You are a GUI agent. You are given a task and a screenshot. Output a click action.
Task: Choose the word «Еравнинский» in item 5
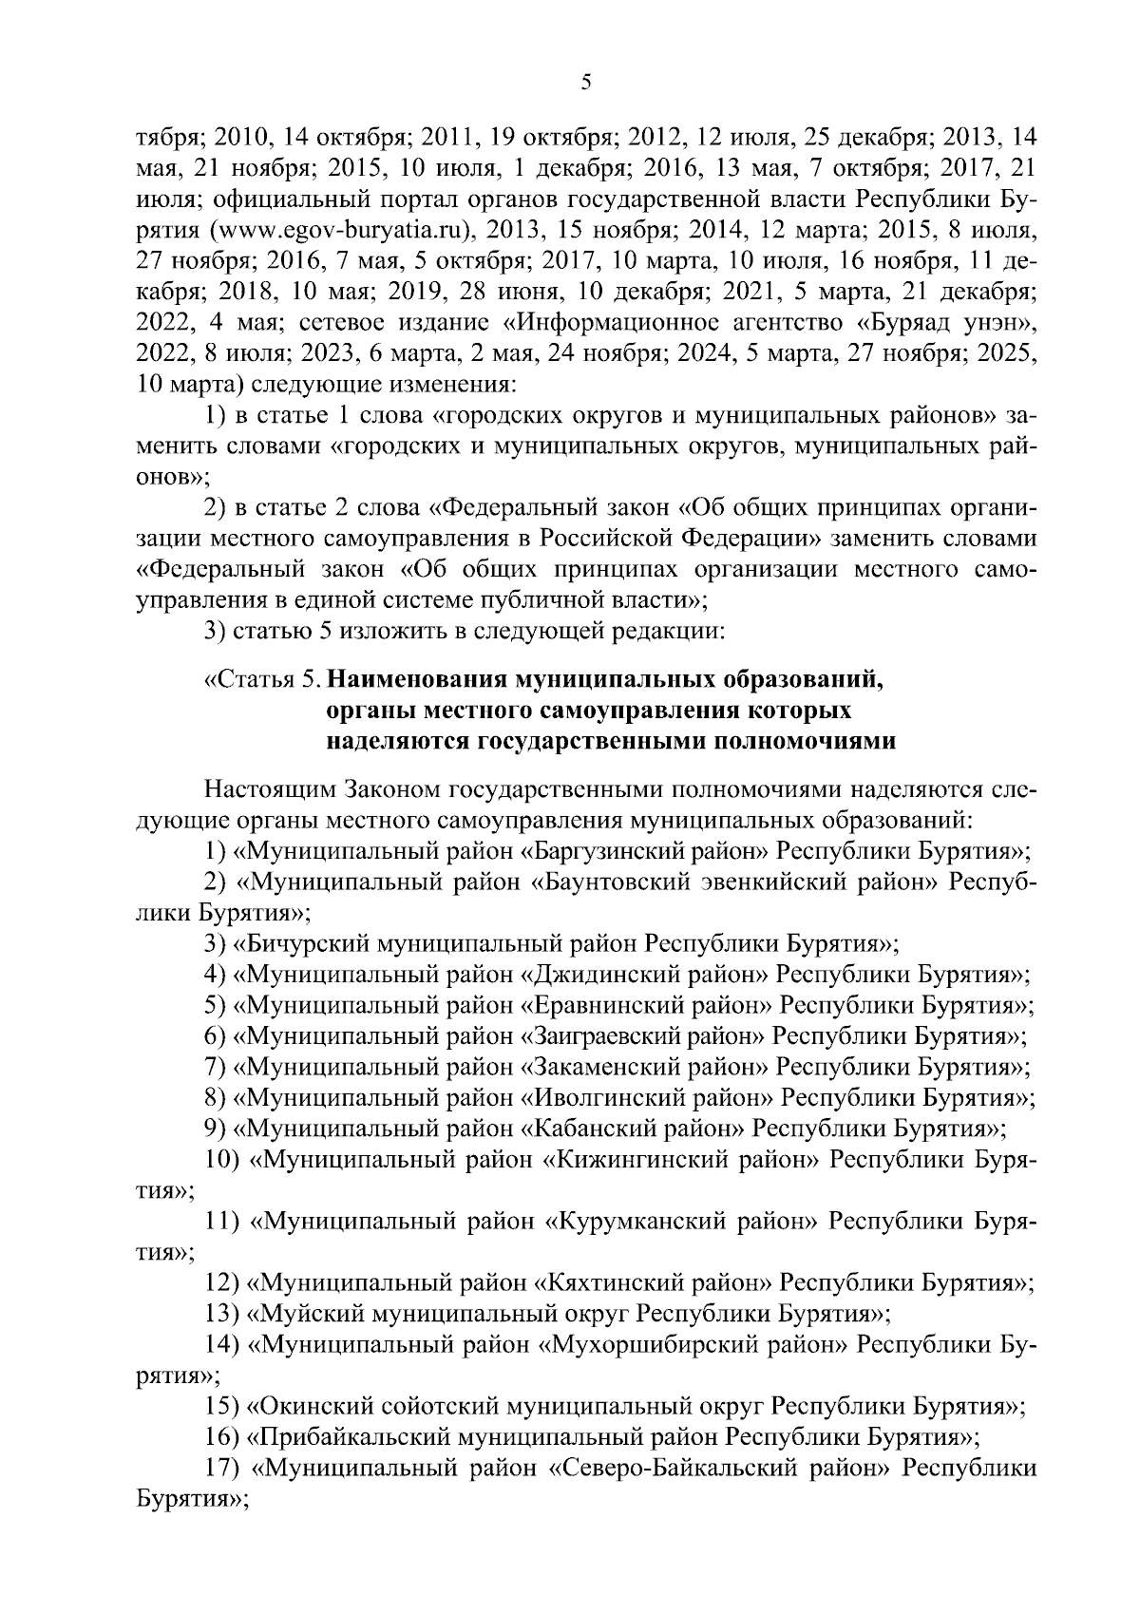click(x=601, y=1005)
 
